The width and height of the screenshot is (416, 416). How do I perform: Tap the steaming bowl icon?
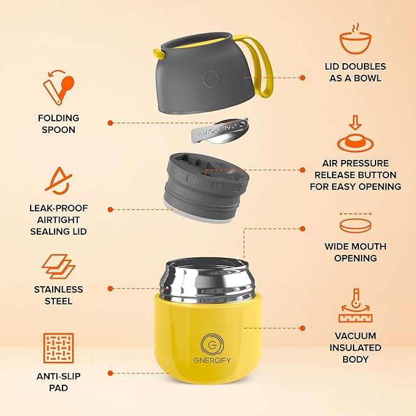(356, 41)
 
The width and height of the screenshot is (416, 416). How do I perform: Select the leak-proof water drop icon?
(58, 179)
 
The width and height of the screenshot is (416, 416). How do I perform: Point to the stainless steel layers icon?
(58, 267)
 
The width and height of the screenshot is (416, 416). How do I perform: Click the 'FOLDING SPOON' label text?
(58, 124)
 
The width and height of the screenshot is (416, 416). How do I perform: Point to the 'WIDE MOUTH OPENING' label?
(355, 252)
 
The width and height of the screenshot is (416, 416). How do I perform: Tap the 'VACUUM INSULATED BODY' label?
(355, 347)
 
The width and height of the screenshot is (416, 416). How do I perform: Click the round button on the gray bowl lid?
(211, 79)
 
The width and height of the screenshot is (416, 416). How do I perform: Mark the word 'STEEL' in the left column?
(58, 301)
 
